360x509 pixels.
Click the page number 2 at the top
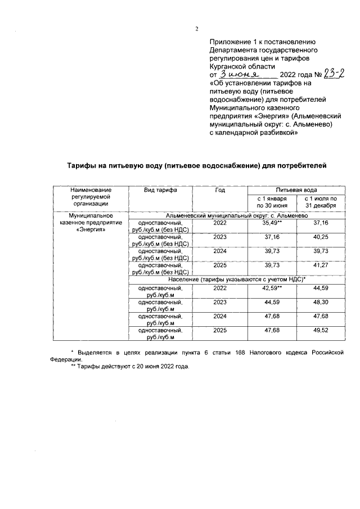tap(196, 29)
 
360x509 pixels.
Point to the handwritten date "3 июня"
tap(240, 74)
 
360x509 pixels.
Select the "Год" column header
tap(219, 191)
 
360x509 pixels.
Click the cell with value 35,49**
tap(272, 223)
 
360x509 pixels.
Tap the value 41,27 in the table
tap(320, 264)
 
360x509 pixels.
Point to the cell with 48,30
tap(320, 303)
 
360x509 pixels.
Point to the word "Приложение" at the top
tap(229, 42)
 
